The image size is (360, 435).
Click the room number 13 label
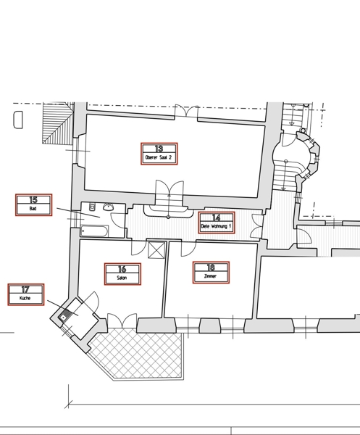point(159,149)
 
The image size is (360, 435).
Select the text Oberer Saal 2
point(159,157)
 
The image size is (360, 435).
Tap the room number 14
point(216,217)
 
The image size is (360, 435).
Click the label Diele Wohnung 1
point(216,226)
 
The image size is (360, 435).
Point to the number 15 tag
point(33,200)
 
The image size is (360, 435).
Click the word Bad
point(33,209)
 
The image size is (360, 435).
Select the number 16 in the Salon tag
point(122,269)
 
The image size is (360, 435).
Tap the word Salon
point(122,278)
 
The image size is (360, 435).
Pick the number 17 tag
point(25,289)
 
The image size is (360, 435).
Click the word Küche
point(25,299)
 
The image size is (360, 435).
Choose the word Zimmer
point(210,276)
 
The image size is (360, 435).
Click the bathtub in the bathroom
point(93,231)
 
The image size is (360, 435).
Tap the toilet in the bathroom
point(92,207)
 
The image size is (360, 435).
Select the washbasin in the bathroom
point(109,207)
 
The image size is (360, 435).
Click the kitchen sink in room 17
point(64,318)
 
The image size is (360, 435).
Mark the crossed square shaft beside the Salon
point(156,250)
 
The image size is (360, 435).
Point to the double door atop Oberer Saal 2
point(186,112)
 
